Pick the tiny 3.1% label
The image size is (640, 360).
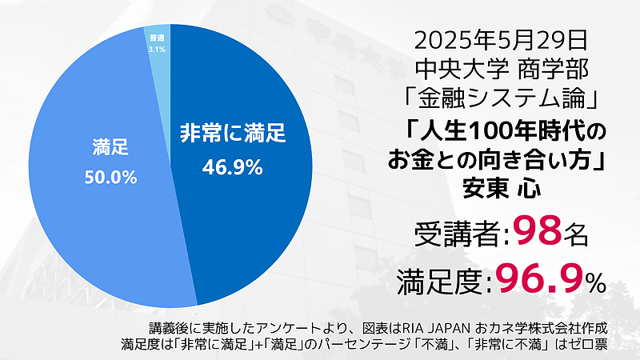(157, 49)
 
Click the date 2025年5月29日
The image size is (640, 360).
(503, 37)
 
